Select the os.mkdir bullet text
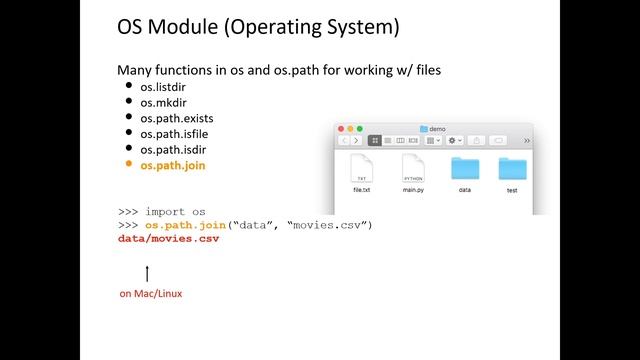163,102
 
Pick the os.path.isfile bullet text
174,133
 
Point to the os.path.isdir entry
172,149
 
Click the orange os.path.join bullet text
173,165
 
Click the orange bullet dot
128,164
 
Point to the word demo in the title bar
439,129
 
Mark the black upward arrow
147,273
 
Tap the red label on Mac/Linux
151,293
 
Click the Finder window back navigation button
345,141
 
